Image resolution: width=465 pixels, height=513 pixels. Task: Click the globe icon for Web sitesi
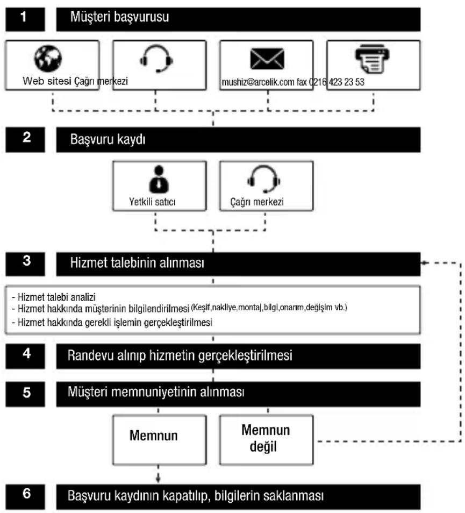pyautogui.click(x=48, y=58)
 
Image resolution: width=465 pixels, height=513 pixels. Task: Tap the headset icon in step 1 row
pyautogui.click(x=156, y=59)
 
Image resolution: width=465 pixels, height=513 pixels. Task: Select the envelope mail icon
pyautogui.click(x=267, y=59)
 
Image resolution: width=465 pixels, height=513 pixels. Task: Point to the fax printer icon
pyautogui.click(x=372, y=59)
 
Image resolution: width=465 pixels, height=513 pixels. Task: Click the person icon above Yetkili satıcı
pyautogui.click(x=159, y=179)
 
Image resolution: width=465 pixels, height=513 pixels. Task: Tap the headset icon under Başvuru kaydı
pyautogui.click(x=263, y=179)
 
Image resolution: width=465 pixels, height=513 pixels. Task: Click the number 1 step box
pyautogui.click(x=25, y=19)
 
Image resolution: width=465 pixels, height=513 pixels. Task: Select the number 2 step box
pyautogui.click(x=25, y=140)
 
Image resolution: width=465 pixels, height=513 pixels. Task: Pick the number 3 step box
pyautogui.click(x=25, y=263)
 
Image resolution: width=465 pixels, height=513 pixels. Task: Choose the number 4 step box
pyautogui.click(x=25, y=356)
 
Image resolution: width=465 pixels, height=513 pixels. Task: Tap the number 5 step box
pyautogui.click(x=25, y=394)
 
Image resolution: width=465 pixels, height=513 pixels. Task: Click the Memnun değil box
pyautogui.click(x=266, y=440)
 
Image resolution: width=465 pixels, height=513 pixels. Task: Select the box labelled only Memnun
pyautogui.click(x=160, y=440)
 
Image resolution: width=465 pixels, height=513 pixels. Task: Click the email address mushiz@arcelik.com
pyautogui.click(x=258, y=82)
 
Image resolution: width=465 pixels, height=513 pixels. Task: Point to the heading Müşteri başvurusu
pyautogui.click(x=120, y=17)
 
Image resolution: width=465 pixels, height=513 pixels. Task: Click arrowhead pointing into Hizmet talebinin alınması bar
pyautogui.click(x=424, y=262)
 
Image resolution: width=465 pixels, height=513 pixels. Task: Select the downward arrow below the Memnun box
pyautogui.click(x=158, y=473)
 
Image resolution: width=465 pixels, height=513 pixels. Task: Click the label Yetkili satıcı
pyautogui.click(x=152, y=202)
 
